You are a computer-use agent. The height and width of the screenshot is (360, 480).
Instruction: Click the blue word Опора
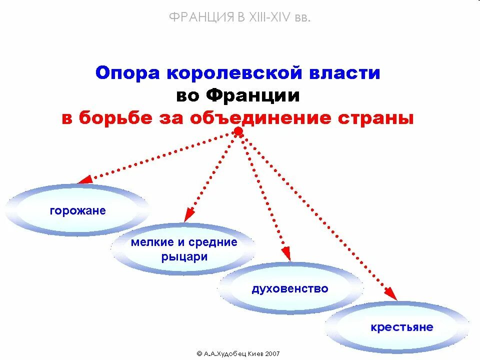pyautogui.click(x=127, y=73)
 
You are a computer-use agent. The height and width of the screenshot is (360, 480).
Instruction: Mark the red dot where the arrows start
pyautogui.click(x=239, y=131)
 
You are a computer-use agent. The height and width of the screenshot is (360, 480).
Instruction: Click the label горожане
pyautogui.click(x=77, y=210)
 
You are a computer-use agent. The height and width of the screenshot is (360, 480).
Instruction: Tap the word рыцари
pyautogui.click(x=184, y=257)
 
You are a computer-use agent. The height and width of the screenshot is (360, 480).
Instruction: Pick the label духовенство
pyautogui.click(x=290, y=288)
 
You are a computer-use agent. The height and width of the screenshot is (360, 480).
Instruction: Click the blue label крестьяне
pyautogui.click(x=402, y=328)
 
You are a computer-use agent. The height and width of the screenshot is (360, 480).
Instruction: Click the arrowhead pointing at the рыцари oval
pyautogui.click(x=188, y=215)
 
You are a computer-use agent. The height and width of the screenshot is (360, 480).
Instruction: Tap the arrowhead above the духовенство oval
pyautogui.click(x=285, y=254)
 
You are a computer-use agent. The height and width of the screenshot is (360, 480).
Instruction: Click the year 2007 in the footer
pyautogui.click(x=272, y=353)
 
